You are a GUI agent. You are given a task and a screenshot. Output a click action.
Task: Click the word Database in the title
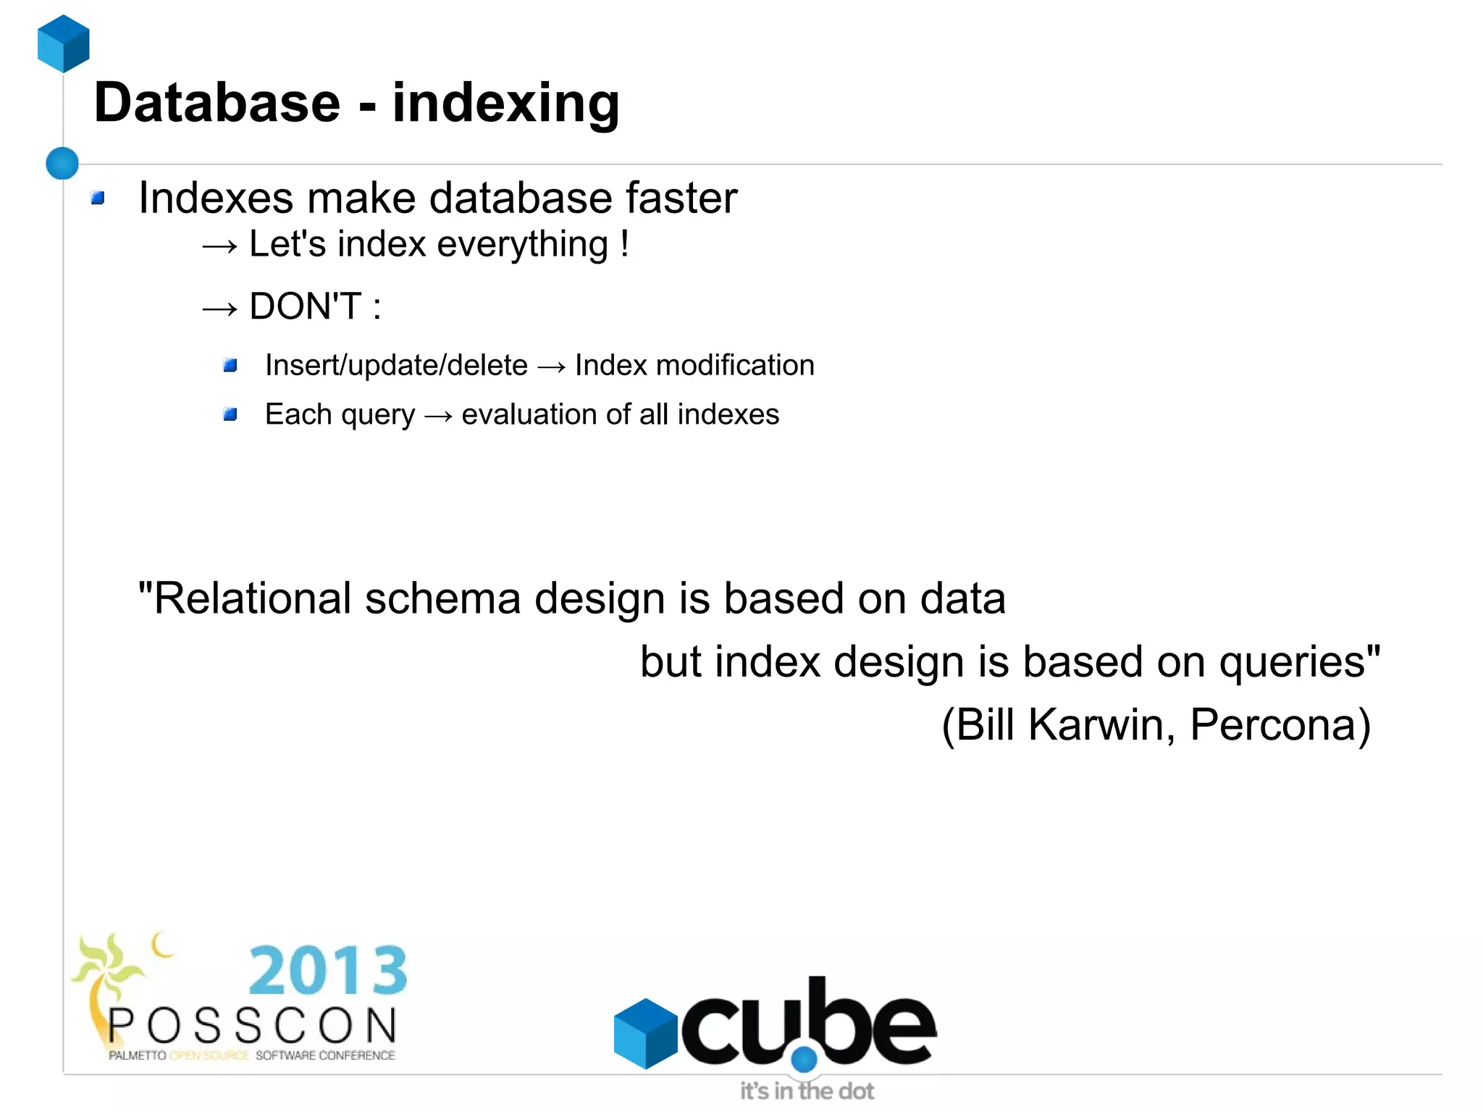(x=217, y=103)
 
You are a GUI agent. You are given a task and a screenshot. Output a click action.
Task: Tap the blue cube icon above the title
(x=64, y=43)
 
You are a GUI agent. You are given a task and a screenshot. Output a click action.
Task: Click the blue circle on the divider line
(x=62, y=163)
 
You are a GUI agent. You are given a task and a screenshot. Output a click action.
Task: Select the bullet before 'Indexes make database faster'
(x=98, y=198)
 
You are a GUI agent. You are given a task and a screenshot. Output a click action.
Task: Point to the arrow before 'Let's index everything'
(x=219, y=246)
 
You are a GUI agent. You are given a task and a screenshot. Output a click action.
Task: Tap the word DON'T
(x=305, y=306)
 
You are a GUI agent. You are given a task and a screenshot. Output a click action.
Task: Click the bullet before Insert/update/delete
(x=230, y=365)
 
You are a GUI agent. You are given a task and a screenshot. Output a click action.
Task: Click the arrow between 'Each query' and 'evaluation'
(x=438, y=416)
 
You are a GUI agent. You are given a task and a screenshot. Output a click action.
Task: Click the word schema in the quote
(x=442, y=599)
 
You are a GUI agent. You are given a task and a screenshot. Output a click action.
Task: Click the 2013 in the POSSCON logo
(x=328, y=971)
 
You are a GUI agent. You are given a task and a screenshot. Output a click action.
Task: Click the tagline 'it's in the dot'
(x=807, y=1090)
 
